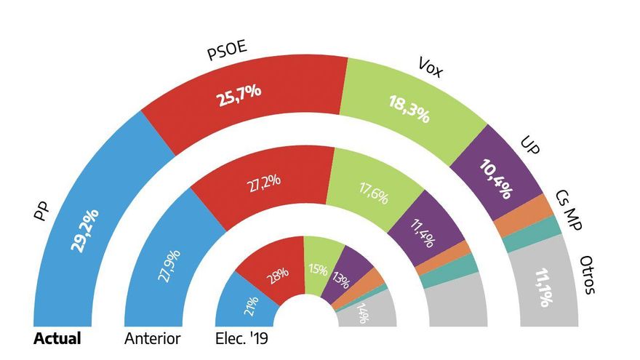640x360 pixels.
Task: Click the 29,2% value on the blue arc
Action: pyautogui.click(x=85, y=230)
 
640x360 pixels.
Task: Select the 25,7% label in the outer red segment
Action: pyautogui.click(x=239, y=95)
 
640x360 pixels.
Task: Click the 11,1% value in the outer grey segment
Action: pyautogui.click(x=542, y=288)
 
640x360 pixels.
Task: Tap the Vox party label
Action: pyautogui.click(x=431, y=66)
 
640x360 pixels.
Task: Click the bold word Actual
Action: pyautogui.click(x=57, y=338)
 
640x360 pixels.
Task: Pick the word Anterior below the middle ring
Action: pyautogui.click(x=152, y=338)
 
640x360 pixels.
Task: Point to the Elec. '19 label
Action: pyautogui.click(x=243, y=338)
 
